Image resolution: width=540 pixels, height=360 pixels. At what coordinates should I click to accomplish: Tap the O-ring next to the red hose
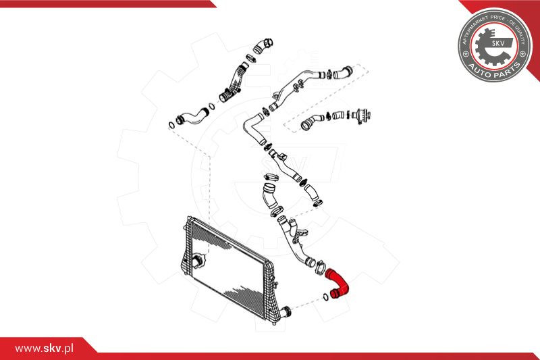point(326,297)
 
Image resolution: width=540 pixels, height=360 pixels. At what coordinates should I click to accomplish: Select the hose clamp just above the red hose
point(320,266)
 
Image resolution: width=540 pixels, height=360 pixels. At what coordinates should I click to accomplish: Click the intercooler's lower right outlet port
point(286,311)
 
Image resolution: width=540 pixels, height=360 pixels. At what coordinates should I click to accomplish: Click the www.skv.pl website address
point(44,349)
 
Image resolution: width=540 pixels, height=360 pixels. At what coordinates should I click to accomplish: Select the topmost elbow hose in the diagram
point(263,46)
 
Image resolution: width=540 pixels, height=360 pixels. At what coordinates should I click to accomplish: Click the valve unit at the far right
point(362,115)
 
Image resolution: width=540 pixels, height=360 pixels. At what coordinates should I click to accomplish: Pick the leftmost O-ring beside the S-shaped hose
point(171,124)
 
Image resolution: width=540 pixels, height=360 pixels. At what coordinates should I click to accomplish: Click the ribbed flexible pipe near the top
point(232,83)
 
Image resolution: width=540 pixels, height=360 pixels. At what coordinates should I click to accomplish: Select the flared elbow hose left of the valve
point(311,122)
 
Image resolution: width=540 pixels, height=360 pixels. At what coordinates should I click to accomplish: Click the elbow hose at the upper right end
point(343,72)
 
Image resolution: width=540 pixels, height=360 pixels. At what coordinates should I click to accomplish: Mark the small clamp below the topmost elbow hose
point(251,58)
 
